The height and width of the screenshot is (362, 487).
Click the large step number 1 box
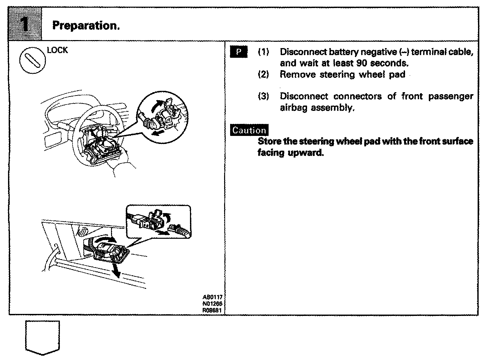(x=25, y=25)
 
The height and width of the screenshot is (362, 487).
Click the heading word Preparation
(x=86, y=25)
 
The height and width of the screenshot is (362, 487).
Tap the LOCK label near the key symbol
(x=57, y=50)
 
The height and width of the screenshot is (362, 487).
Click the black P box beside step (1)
(x=239, y=52)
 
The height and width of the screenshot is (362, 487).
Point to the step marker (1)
(x=263, y=52)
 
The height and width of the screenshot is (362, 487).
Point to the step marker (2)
(x=263, y=74)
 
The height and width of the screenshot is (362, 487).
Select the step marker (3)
(x=263, y=97)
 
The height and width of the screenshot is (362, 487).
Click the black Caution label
(x=250, y=130)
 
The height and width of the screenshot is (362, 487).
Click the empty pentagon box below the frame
(x=42, y=337)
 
